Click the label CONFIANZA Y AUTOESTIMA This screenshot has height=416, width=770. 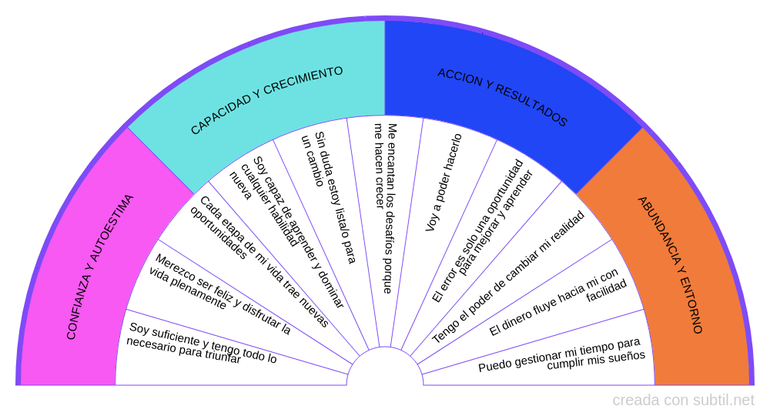100,266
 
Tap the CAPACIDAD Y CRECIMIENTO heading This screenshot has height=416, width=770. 266,100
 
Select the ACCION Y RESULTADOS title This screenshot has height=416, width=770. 502,97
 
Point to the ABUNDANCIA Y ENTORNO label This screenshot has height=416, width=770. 670,265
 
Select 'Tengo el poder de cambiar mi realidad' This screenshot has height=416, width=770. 508,277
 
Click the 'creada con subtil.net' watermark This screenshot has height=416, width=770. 683,401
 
